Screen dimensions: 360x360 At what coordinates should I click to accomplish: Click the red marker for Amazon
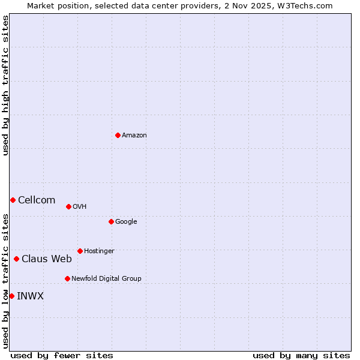118,135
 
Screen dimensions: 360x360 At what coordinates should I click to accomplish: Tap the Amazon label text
134,136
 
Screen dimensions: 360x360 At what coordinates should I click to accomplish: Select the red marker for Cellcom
13,200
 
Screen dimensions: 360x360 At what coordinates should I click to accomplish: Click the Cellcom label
37,200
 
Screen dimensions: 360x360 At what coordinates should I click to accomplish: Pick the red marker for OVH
68,206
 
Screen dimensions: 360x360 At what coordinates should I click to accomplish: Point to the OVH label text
80,207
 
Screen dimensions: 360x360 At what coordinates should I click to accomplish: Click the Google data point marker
111,221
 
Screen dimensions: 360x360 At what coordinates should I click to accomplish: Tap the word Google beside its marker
126,222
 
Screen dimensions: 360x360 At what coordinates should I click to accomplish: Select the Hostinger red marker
80,251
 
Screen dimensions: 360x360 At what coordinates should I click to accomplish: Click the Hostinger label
99,251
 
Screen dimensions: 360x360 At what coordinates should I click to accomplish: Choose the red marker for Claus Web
16,259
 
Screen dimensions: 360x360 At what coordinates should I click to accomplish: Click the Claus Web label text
47,259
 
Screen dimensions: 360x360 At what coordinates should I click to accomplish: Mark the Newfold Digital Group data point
67,278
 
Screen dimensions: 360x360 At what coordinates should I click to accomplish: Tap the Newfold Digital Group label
106,279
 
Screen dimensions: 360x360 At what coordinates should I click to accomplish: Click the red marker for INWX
11,296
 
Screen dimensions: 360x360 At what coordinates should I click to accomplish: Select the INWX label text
30,296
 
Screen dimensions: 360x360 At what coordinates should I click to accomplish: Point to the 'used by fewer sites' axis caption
62,355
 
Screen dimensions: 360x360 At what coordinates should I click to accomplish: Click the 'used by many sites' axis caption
301,355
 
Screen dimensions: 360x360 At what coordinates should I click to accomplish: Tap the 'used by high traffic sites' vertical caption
5,85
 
